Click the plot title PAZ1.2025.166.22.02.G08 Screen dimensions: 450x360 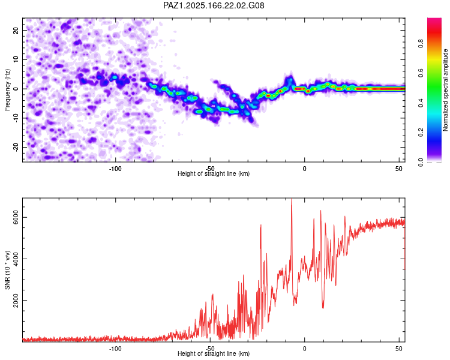click(x=214, y=5)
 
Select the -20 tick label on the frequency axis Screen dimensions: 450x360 click(x=16, y=147)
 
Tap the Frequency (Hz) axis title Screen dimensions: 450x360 click(x=7, y=90)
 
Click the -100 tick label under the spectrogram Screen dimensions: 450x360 click(x=115, y=169)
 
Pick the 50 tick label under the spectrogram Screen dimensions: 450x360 click(x=398, y=169)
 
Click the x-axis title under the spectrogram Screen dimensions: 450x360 click(x=214, y=173)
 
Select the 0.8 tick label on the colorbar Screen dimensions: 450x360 click(x=421, y=44)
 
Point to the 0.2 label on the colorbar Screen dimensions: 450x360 click(x=421, y=133)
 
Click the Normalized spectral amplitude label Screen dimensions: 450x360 click(x=445, y=90)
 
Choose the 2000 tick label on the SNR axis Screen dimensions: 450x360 click(x=16, y=300)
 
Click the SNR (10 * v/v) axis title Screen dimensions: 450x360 click(x=7, y=270)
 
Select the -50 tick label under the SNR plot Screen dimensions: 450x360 click(x=210, y=349)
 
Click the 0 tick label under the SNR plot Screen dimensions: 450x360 click(x=304, y=349)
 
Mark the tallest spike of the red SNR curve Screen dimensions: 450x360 click(x=292, y=199)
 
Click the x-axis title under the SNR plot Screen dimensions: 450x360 click(x=214, y=353)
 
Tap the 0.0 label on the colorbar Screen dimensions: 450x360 click(x=421, y=162)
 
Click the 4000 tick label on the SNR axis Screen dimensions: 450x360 click(x=16, y=259)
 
